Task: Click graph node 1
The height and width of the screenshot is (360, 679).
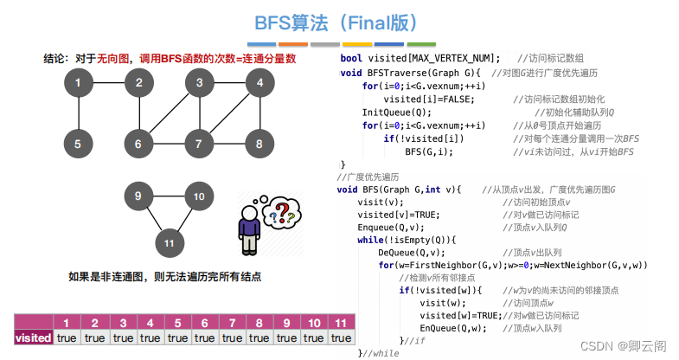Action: click(79, 84)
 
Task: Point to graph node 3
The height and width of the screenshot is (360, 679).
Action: click(199, 84)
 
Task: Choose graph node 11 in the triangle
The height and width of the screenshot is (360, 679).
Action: click(169, 244)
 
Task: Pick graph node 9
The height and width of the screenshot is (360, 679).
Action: click(138, 196)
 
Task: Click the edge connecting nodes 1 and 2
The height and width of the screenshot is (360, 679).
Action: click(108, 84)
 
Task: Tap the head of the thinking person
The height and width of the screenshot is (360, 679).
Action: click(249, 214)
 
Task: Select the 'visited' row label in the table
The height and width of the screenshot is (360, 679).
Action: click(34, 337)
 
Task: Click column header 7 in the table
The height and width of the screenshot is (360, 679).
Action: click(232, 323)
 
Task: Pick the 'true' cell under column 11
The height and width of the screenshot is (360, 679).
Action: click(341, 337)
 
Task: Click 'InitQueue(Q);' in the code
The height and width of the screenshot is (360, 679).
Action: click(396, 112)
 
